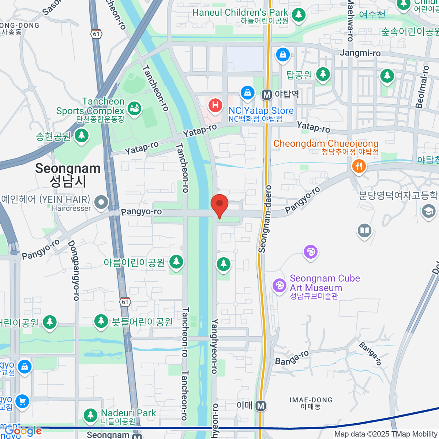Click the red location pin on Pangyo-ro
coord(219,205)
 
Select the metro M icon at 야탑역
coord(267,95)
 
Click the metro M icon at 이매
coord(260,406)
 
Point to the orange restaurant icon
coord(359,166)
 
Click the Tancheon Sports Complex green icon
coord(134,109)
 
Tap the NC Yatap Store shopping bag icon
coord(248,93)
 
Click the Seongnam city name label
coord(68,175)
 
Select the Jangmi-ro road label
coord(360,53)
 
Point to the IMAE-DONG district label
coord(311,403)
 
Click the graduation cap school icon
coord(428,211)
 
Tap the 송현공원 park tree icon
coord(82,136)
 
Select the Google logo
coord(23,431)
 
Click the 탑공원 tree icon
coord(323,74)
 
